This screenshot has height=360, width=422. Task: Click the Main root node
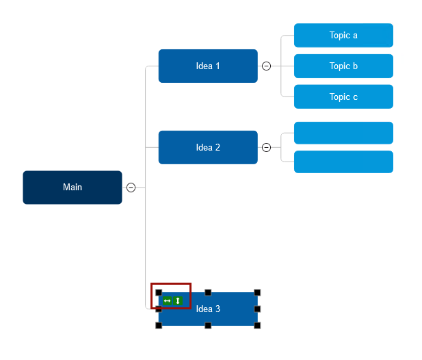point(72,188)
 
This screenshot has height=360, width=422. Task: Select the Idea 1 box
point(208,66)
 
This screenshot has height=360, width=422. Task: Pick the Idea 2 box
point(208,147)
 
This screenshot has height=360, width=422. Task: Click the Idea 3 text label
point(208,309)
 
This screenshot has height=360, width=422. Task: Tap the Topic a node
point(343,36)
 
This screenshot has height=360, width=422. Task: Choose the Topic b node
point(343,66)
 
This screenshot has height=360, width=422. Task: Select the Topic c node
point(343,97)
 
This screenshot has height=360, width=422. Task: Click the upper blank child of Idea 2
point(343,133)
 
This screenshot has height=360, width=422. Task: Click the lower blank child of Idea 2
point(343,162)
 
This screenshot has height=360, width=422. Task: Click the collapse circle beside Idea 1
point(267,66)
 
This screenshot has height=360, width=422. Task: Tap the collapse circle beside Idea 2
point(267,147)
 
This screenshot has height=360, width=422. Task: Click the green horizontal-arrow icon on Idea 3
point(168,300)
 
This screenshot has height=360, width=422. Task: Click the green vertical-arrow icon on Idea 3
point(178,300)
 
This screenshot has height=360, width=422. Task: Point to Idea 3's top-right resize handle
point(257,293)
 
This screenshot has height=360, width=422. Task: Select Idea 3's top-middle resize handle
point(208,293)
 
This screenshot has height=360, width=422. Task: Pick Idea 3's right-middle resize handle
point(257,309)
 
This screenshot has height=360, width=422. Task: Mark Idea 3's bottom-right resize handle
point(257,325)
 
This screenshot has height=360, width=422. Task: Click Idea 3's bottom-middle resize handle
point(208,325)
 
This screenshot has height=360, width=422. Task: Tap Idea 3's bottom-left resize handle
point(159,325)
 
